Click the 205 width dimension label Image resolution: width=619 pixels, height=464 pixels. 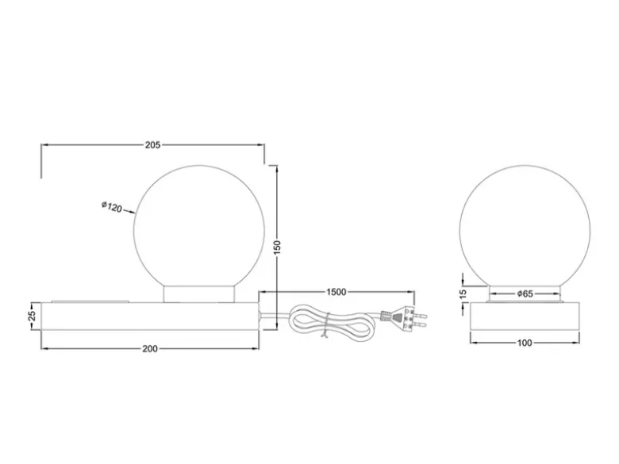153,145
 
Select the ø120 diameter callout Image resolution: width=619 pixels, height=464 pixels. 112,207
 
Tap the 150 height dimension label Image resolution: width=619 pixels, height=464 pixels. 277,247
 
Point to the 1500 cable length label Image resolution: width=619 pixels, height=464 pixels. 336,293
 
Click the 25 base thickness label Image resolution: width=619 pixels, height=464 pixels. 33,316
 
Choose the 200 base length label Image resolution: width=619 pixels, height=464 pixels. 150,349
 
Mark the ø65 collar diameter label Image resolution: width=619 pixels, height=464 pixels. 525,294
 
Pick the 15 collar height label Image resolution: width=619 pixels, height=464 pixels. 463,294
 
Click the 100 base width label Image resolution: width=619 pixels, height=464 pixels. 525,343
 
